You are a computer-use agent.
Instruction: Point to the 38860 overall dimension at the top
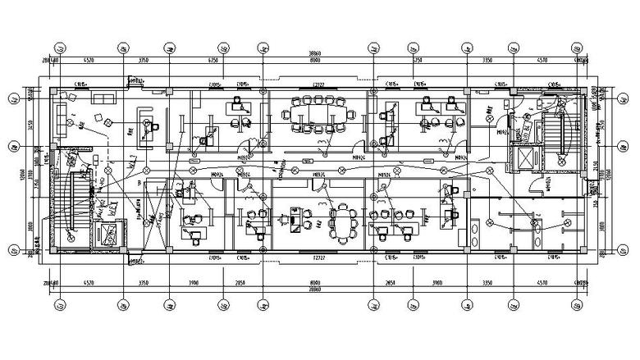(x=315, y=51)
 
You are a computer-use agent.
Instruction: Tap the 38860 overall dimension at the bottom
(x=315, y=290)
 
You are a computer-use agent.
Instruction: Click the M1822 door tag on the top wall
(x=136, y=80)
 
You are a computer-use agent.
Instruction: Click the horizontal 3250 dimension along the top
(x=417, y=61)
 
